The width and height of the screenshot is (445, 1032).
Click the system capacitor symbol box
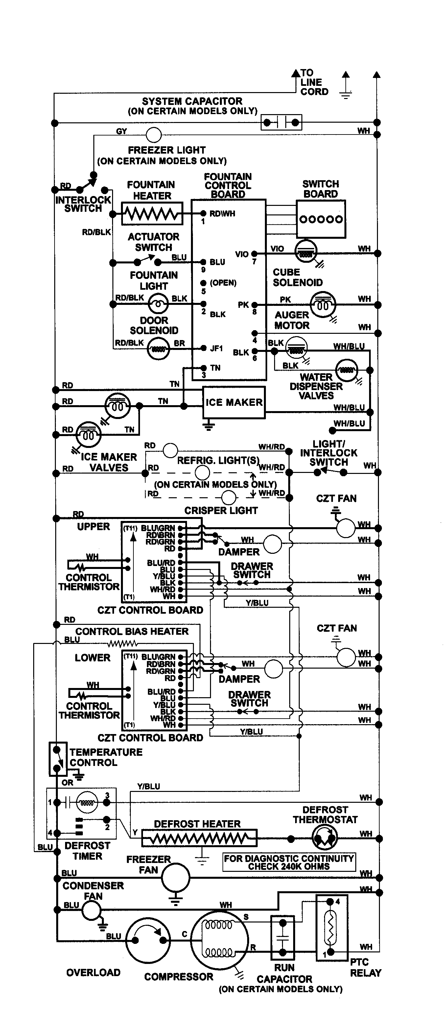coord(281,122)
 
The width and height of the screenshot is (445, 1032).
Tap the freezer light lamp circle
coord(154,135)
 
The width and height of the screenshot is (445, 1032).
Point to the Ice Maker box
coord(234,402)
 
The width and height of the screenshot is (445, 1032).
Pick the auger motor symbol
coord(323,305)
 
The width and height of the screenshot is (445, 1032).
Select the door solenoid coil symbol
coord(158,349)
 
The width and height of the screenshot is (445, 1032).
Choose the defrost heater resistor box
coord(199,838)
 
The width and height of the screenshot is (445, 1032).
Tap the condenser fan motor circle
coord(91,910)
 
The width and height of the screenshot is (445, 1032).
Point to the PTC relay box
coord(331,928)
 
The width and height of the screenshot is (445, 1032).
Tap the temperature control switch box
coord(58,759)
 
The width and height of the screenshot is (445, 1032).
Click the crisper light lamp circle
coord(228,498)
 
